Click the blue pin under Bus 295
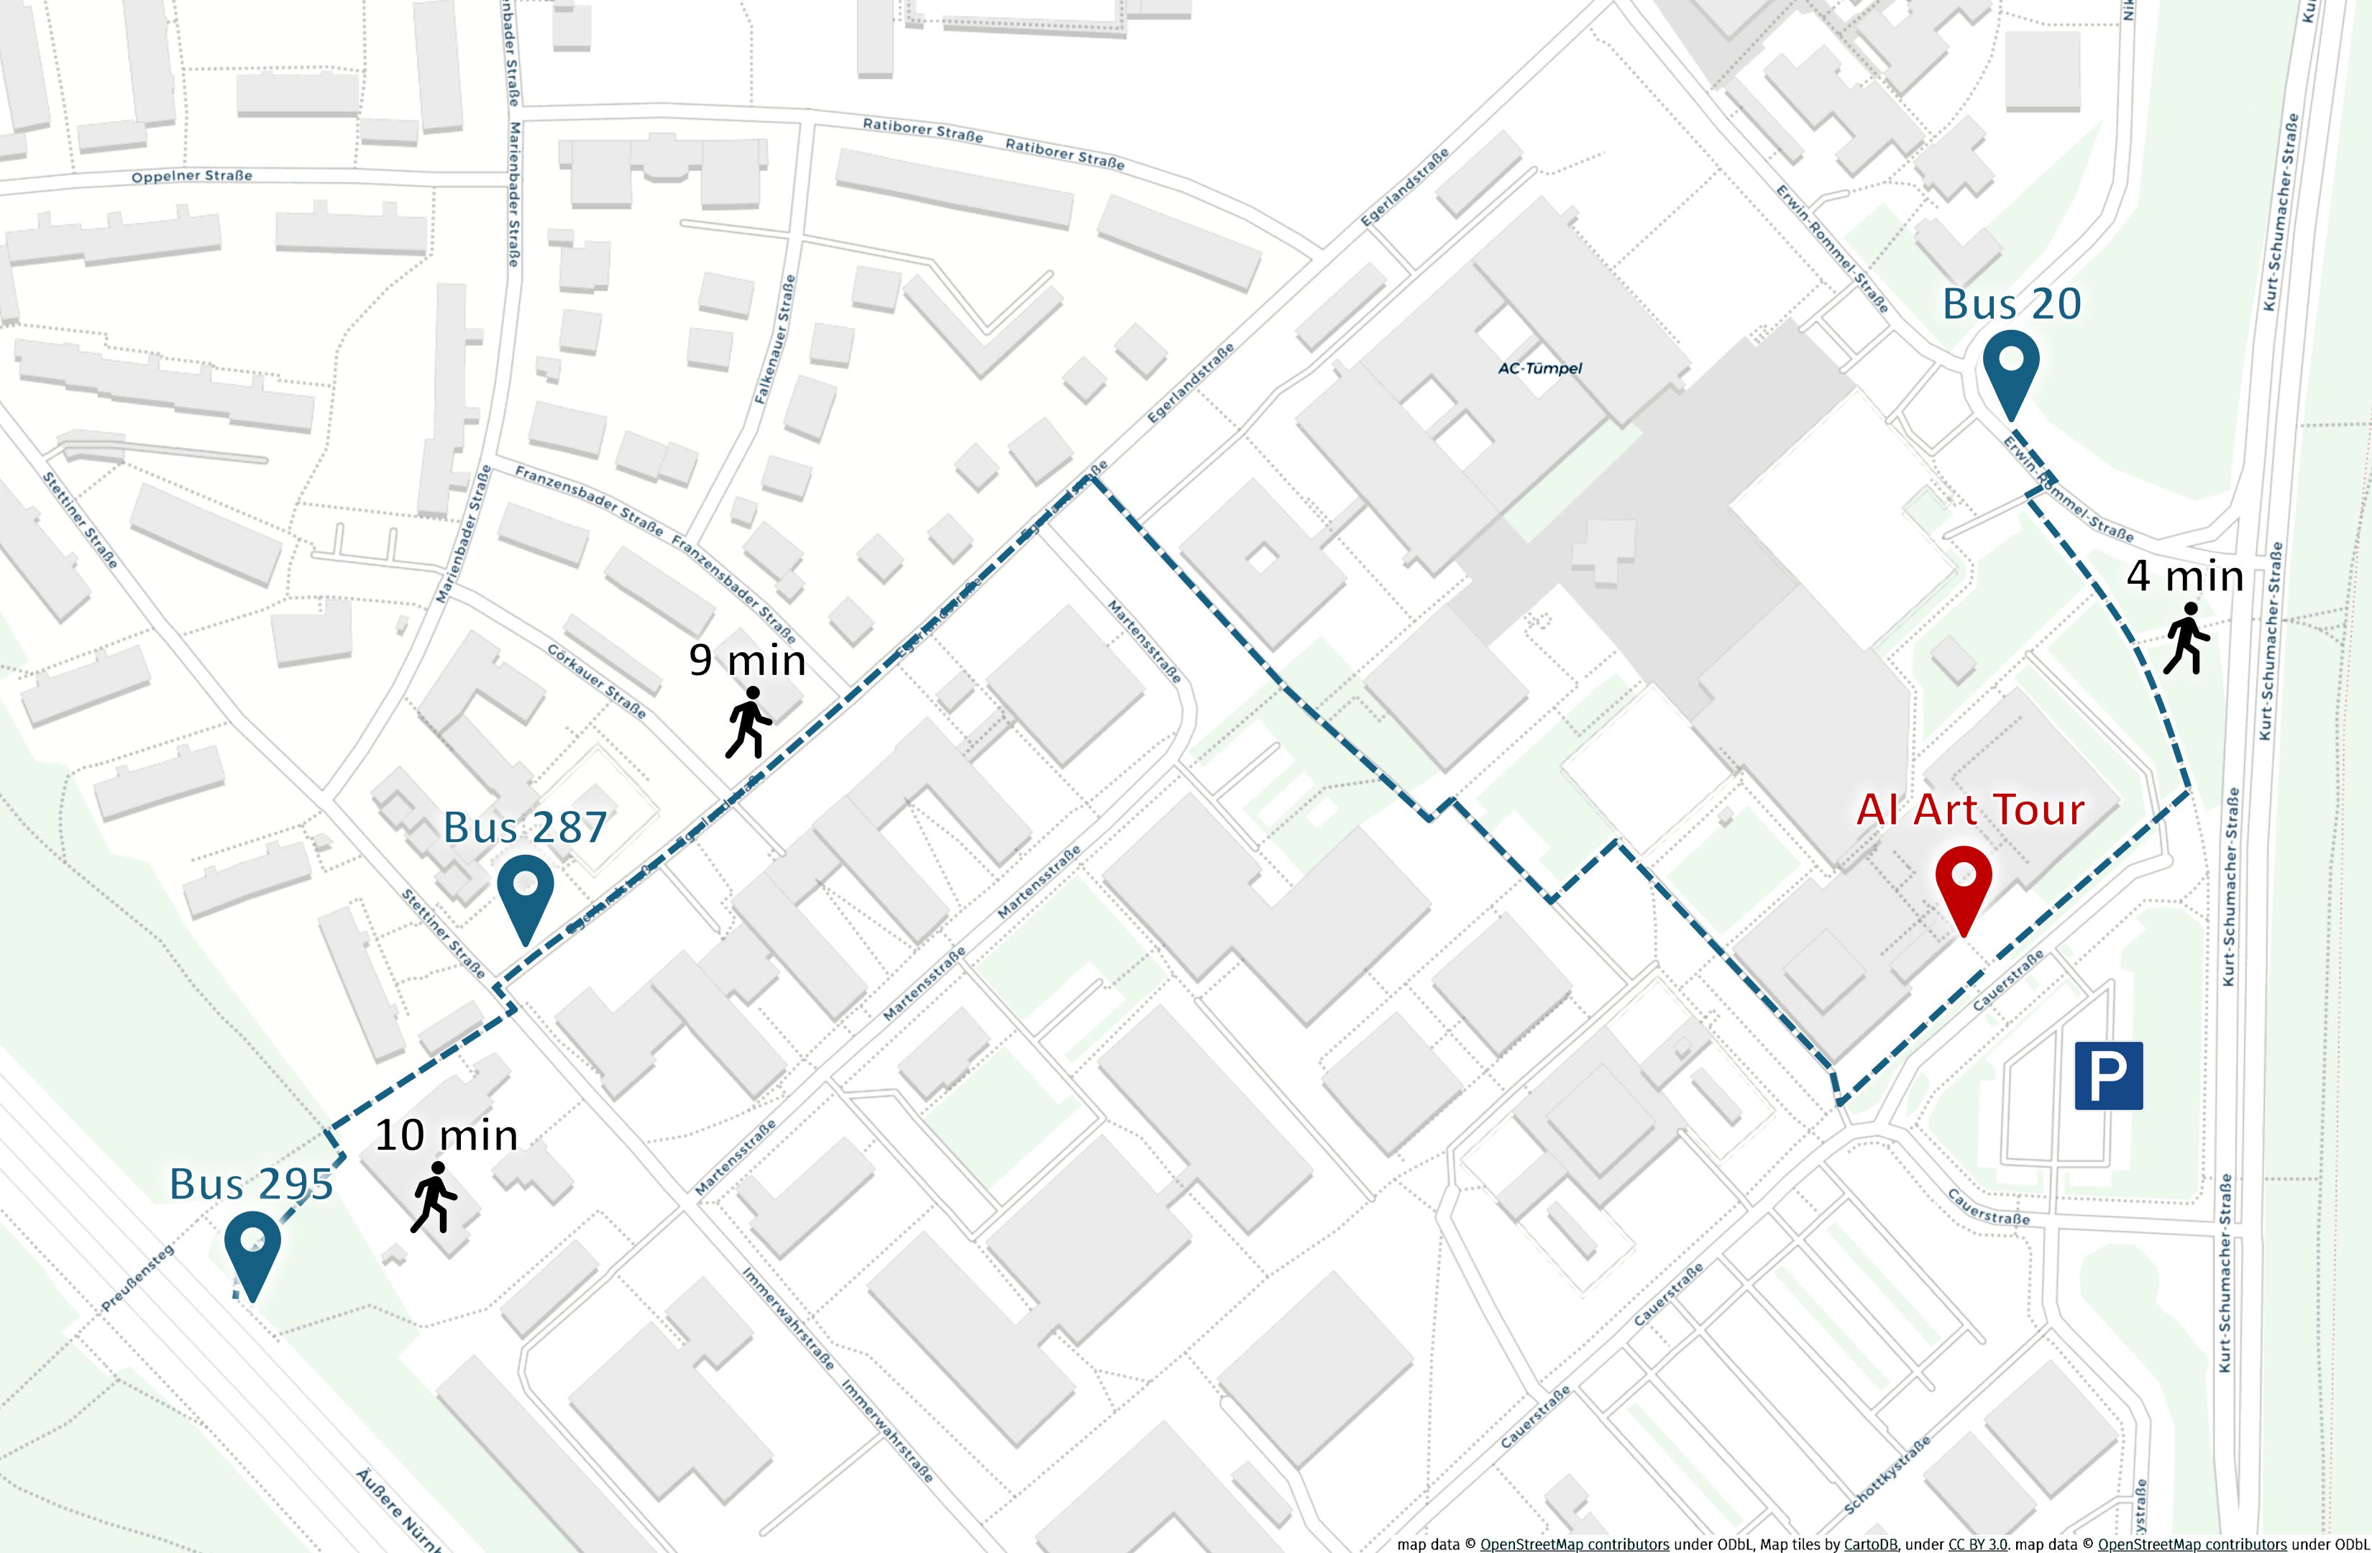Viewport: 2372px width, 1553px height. coord(252,1248)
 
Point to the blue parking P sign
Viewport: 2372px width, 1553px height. coord(2109,1076)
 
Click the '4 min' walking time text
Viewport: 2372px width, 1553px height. coord(2184,576)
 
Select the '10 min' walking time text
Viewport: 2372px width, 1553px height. coord(447,1135)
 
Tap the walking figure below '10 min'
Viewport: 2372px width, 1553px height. coord(434,1197)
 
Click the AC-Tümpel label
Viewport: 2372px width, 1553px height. coord(1540,368)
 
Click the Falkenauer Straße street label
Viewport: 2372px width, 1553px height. coord(775,339)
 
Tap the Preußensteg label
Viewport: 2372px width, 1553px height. coord(137,1278)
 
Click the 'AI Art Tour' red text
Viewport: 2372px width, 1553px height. coord(1969,810)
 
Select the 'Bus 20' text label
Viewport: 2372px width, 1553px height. coord(2011,304)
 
